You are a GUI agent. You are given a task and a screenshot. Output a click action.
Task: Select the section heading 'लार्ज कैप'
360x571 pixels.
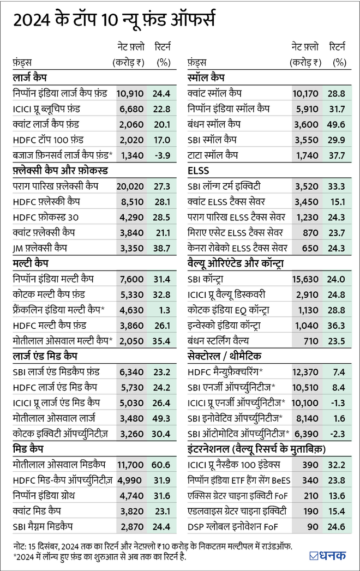click(x=29, y=79)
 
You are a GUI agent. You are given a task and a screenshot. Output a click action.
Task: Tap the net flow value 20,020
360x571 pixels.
click(x=131, y=187)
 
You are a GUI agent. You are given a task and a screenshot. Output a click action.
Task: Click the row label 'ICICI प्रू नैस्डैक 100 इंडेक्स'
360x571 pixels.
click(x=234, y=465)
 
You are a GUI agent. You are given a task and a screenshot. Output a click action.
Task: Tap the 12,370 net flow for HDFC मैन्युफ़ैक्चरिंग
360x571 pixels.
click(x=305, y=372)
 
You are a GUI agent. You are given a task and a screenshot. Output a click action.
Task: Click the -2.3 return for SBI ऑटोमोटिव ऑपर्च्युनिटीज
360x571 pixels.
click(x=338, y=434)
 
